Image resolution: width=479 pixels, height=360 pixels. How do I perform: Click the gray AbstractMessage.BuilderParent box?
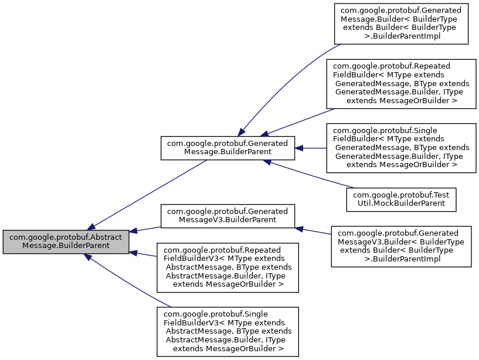tap(66, 242)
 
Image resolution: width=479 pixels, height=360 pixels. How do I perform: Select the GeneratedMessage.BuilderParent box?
tap(227, 148)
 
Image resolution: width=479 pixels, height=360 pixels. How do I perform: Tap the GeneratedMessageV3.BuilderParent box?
tap(227, 216)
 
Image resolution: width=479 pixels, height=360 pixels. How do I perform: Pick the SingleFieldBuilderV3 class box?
tap(227, 331)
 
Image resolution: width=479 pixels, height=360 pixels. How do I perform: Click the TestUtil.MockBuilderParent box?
tap(401, 199)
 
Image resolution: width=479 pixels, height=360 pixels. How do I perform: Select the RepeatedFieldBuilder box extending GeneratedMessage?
tap(401, 83)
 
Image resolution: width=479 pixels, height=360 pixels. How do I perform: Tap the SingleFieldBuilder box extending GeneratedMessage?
tap(401, 148)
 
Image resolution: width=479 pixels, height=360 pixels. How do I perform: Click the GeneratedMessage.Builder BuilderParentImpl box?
tap(401, 23)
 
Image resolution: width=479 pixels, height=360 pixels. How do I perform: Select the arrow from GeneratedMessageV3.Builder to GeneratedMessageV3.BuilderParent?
tap(314, 230)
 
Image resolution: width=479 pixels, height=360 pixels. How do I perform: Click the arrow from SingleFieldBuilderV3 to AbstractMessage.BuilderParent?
tap(129, 281)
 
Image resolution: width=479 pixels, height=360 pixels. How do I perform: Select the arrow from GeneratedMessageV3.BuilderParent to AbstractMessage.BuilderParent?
tap(145, 229)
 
